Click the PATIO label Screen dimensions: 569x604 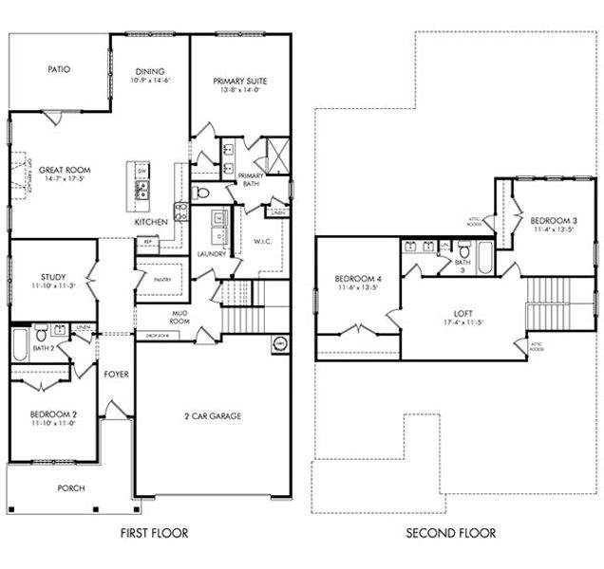[x=60, y=69]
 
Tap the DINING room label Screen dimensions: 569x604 [x=149, y=71]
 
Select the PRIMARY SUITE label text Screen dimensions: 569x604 [x=239, y=82]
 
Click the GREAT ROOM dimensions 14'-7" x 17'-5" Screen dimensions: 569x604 [x=65, y=179]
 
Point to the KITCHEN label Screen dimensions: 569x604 [x=151, y=222]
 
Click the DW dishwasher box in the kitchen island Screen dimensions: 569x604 [x=142, y=172]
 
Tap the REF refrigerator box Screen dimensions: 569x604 [x=148, y=242]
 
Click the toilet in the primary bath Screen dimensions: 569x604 [x=200, y=193]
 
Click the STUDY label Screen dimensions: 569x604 [x=27, y=277]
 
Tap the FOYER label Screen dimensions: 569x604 [x=117, y=374]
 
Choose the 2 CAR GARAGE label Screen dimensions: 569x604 [x=212, y=415]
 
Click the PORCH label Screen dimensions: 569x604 [x=71, y=488]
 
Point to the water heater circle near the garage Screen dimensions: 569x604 [x=280, y=343]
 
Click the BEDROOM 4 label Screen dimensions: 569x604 [x=357, y=279]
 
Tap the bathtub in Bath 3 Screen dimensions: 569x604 [x=483, y=257]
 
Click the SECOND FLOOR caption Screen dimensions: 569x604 [x=450, y=533]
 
